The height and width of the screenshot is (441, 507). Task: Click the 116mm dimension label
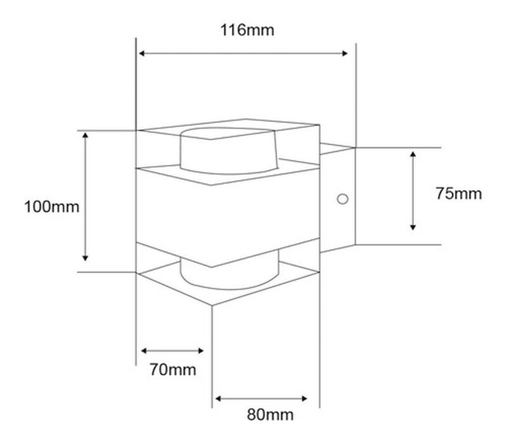click(x=247, y=30)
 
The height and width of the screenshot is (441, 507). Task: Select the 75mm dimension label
click(x=458, y=194)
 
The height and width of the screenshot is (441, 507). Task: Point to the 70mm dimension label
click(x=172, y=369)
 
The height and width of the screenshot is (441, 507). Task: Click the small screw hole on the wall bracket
click(x=342, y=199)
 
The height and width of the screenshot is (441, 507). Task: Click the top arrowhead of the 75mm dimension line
click(x=413, y=154)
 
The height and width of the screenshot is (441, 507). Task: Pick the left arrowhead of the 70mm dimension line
click(x=144, y=350)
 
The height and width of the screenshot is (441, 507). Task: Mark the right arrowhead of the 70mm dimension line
click(x=201, y=350)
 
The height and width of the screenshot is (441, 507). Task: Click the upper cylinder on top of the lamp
click(x=228, y=152)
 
